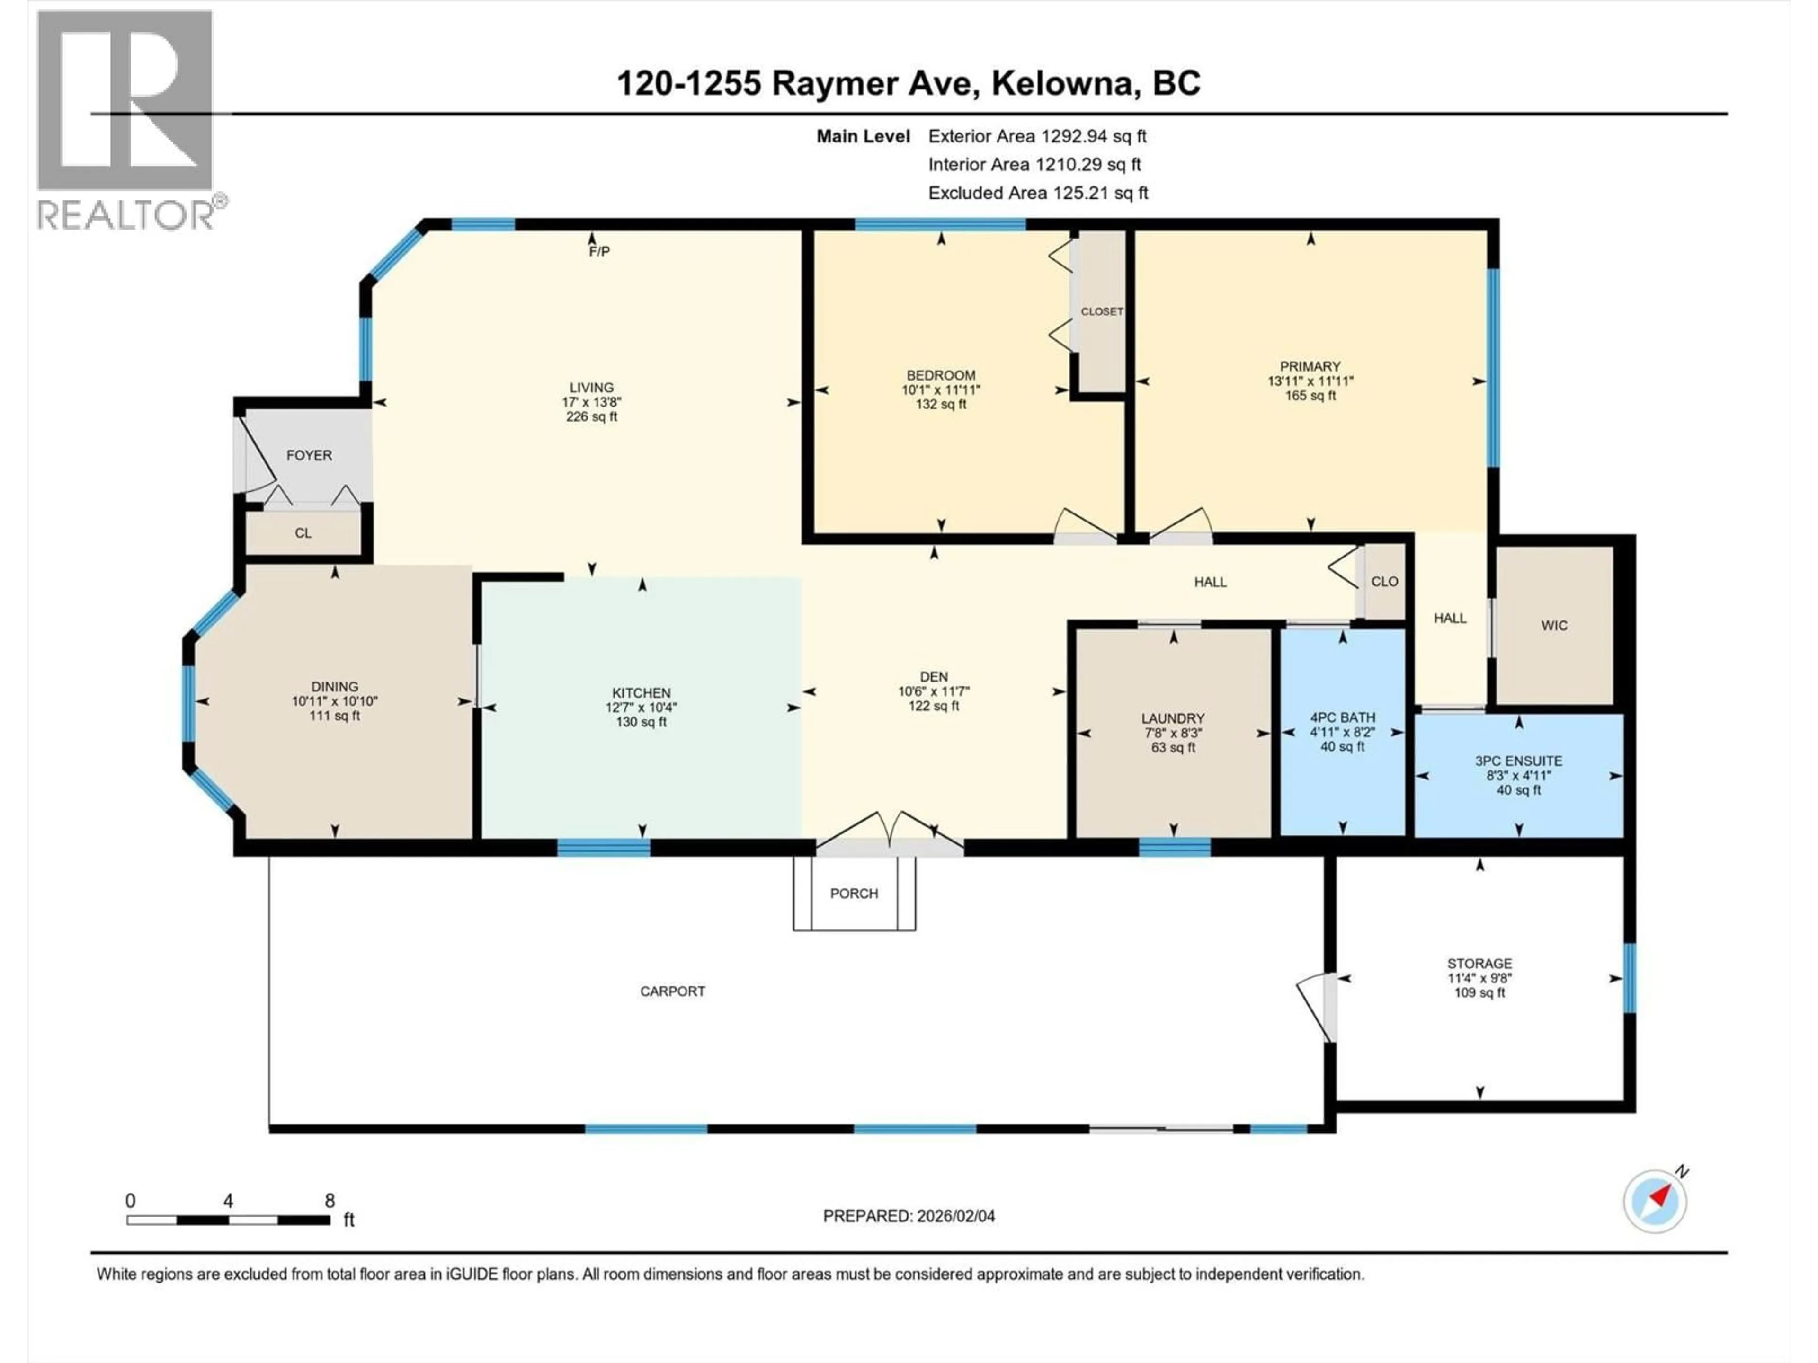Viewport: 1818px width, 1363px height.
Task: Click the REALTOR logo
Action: coord(127,119)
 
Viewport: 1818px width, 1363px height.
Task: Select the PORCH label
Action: coord(854,893)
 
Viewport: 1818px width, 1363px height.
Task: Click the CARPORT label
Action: coord(672,991)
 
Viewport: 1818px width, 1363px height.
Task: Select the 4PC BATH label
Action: coord(1342,717)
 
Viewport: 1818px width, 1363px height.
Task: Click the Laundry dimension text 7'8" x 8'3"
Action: coord(1173,733)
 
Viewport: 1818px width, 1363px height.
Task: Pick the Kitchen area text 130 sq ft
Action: coord(641,722)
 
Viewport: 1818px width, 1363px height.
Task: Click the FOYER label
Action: coord(309,455)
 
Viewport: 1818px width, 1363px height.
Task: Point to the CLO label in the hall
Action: coord(1384,582)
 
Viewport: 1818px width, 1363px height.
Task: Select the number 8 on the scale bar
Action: coord(330,1200)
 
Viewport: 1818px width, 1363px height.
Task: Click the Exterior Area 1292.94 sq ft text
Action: coord(1037,136)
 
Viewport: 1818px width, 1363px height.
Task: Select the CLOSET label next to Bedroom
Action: coord(1101,311)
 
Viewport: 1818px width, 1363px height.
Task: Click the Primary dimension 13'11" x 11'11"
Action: coord(1310,381)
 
